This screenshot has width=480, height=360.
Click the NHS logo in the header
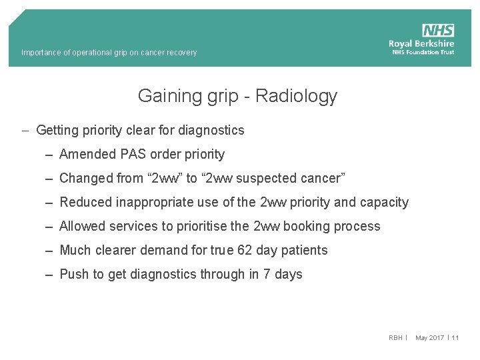click(x=438, y=31)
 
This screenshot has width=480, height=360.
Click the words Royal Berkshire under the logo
click(x=421, y=44)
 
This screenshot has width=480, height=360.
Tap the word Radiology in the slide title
click(x=296, y=96)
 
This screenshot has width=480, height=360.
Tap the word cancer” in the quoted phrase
click(x=323, y=178)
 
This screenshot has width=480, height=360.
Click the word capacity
click(x=384, y=202)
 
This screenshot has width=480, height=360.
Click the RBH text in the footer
click(x=395, y=338)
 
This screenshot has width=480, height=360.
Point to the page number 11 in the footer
click(x=455, y=338)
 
